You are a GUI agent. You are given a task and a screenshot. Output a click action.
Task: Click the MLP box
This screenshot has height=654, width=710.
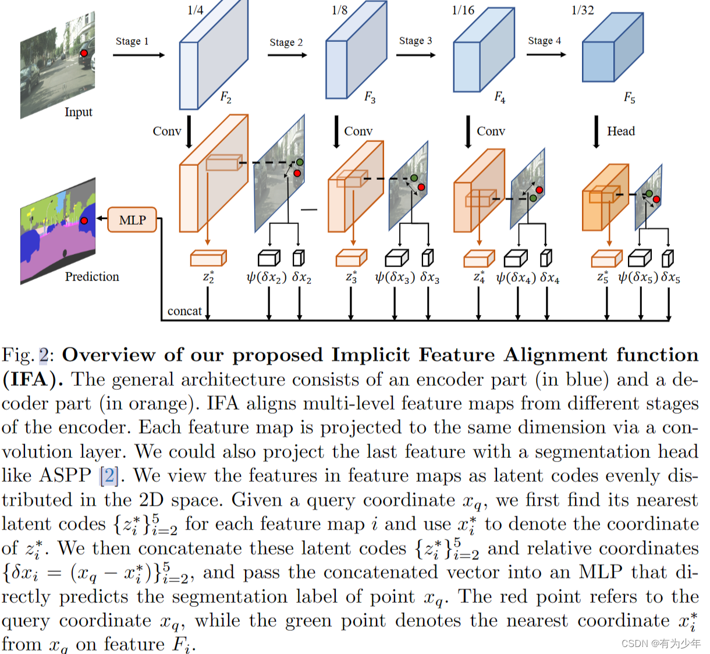click(132, 220)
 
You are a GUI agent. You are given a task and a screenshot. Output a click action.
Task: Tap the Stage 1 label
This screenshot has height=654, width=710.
click(132, 41)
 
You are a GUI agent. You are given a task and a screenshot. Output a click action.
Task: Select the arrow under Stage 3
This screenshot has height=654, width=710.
click(416, 55)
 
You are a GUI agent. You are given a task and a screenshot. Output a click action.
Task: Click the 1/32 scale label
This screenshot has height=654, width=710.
click(583, 10)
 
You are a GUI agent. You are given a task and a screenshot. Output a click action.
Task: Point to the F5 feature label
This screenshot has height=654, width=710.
click(630, 97)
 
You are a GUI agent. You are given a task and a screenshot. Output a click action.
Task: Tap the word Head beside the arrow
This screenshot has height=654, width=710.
click(621, 131)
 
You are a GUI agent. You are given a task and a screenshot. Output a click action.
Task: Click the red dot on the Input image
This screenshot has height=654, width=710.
click(84, 53)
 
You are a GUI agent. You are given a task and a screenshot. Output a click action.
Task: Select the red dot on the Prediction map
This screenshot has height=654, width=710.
click(84, 221)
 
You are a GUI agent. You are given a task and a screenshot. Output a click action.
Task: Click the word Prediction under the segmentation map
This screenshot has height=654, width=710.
click(92, 276)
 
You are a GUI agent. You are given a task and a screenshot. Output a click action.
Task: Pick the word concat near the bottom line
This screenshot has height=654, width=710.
click(184, 311)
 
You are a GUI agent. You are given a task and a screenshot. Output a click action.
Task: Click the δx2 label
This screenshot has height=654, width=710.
click(301, 278)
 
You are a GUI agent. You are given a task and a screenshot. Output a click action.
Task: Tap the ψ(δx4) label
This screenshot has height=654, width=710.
click(516, 278)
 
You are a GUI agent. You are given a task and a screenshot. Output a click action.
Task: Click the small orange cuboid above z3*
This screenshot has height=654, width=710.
click(351, 258)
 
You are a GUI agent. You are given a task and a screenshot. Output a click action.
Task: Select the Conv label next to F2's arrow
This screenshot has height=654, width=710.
click(167, 131)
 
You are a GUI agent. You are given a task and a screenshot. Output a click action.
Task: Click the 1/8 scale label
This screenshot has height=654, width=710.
click(339, 10)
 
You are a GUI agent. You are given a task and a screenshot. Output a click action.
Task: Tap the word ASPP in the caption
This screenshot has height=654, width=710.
click(66, 476)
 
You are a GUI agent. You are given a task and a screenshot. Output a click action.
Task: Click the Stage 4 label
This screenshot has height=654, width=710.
click(544, 41)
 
